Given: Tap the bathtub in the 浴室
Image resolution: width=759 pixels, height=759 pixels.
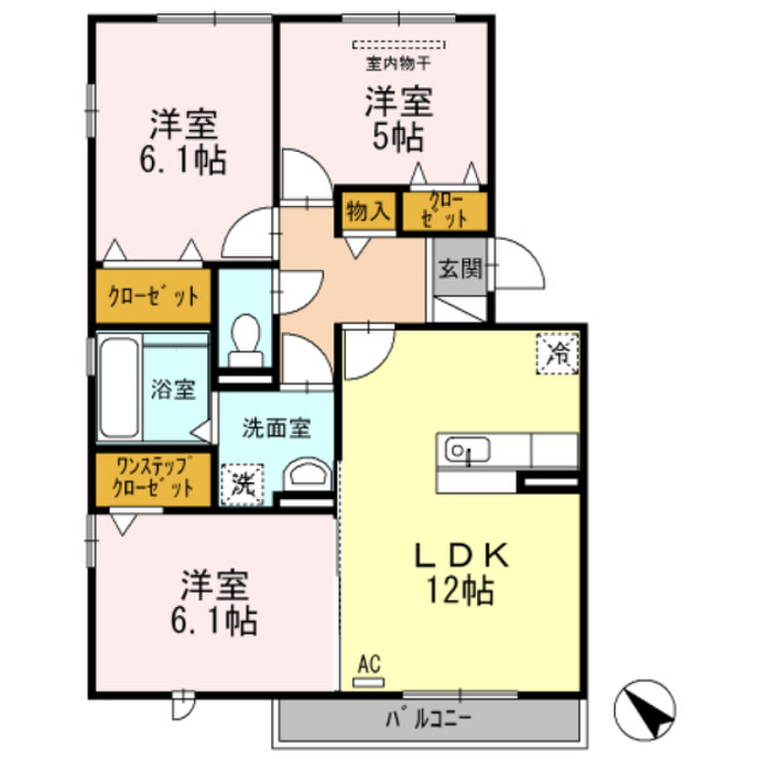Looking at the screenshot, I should pos(118,388).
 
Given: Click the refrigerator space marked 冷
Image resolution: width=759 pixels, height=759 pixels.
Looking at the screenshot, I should pos(557,354).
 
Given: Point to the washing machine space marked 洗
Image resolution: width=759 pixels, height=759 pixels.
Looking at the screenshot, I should pos(242,485).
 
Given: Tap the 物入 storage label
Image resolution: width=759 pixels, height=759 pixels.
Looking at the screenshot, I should pos(367,212).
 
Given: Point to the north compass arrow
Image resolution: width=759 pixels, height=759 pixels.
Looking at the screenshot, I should pos(646,707).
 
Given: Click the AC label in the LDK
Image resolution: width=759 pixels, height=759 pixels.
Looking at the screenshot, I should pos(368,664).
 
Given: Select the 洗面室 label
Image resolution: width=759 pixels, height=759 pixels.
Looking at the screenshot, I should pos(276,428).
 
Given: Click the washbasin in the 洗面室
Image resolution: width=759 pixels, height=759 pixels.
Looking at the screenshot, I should pos(308,474).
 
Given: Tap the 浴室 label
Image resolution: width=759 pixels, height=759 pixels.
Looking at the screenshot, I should pos(173,390).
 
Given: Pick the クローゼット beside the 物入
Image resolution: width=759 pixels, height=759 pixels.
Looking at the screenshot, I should pos(445,211).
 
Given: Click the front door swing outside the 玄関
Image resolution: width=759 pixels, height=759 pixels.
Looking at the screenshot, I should pos(521,265).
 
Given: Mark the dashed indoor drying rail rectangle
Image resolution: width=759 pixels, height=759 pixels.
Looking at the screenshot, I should pos(399,44).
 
